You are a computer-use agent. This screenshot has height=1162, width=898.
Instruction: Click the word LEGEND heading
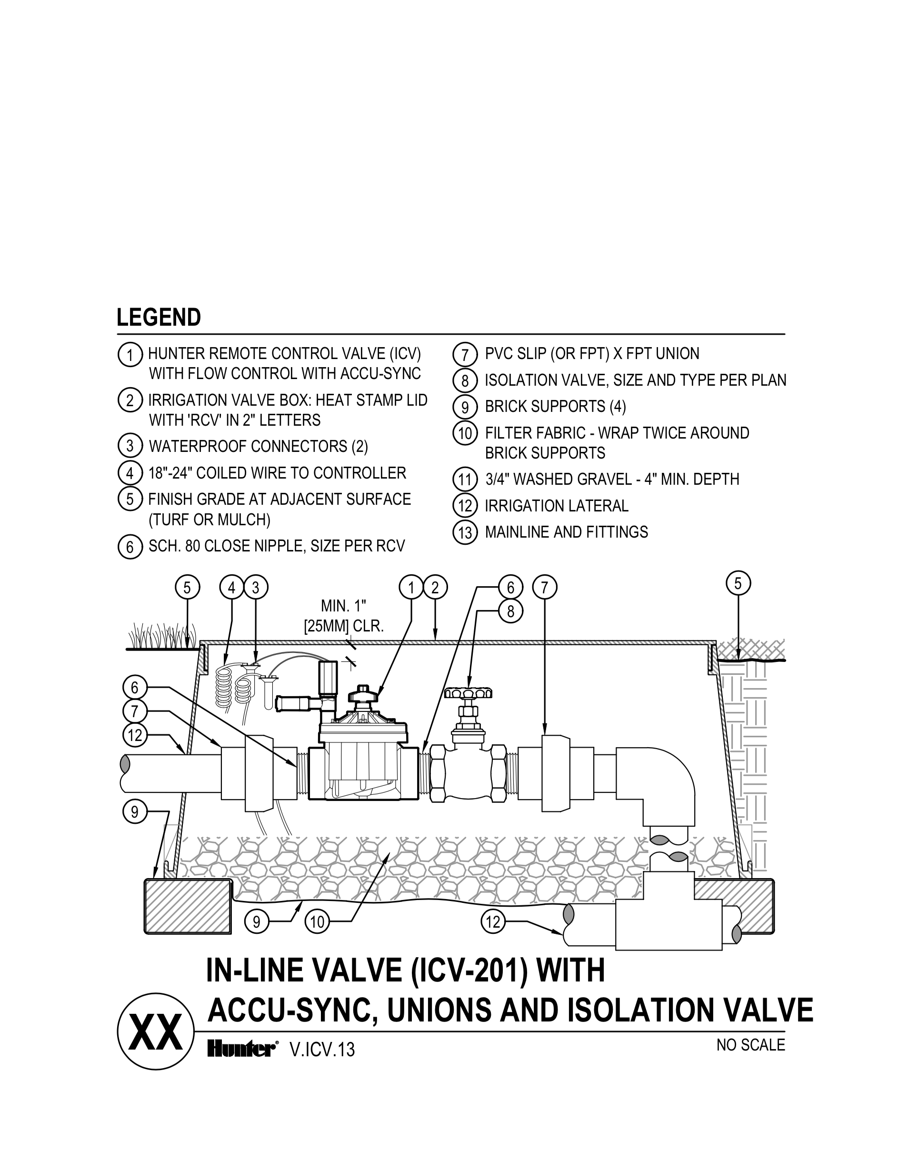[x=159, y=318]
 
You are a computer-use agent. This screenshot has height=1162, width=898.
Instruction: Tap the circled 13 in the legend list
[x=465, y=532]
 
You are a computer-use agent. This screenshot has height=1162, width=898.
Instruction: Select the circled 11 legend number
[x=465, y=480]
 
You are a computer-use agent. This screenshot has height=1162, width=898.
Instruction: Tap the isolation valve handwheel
[x=468, y=693]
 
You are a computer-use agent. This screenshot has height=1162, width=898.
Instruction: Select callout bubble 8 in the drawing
[x=510, y=612]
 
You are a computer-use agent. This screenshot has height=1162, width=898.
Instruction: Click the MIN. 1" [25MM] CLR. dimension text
[x=344, y=617]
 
